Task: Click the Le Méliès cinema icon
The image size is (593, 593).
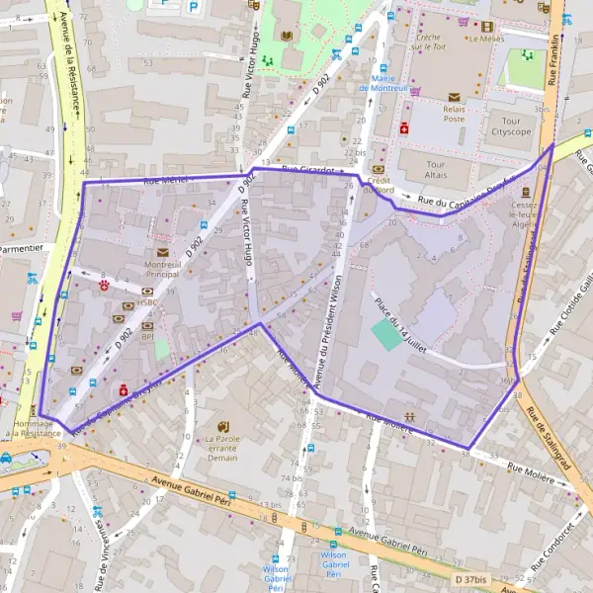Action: point(486,26)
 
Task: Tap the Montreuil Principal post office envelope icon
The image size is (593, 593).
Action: point(162,252)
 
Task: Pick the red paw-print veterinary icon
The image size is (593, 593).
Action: point(104,284)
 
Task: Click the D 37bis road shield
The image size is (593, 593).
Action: point(472,578)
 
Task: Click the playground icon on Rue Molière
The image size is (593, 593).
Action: point(409,417)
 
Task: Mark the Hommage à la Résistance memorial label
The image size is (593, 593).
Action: point(33,429)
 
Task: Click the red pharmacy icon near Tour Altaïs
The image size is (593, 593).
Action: point(404,127)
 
